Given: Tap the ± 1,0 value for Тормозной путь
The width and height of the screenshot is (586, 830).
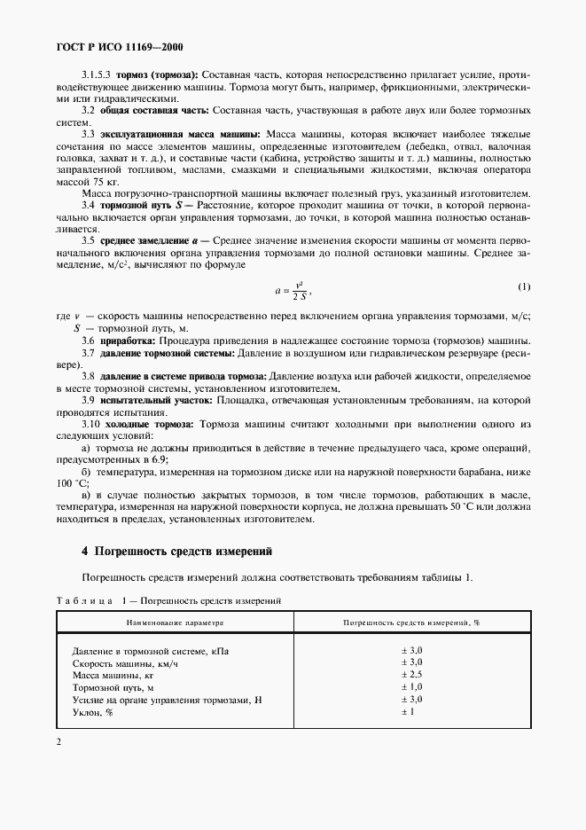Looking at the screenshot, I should pos(411,687).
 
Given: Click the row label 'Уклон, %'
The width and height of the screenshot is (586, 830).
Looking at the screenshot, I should pos(93,712).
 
